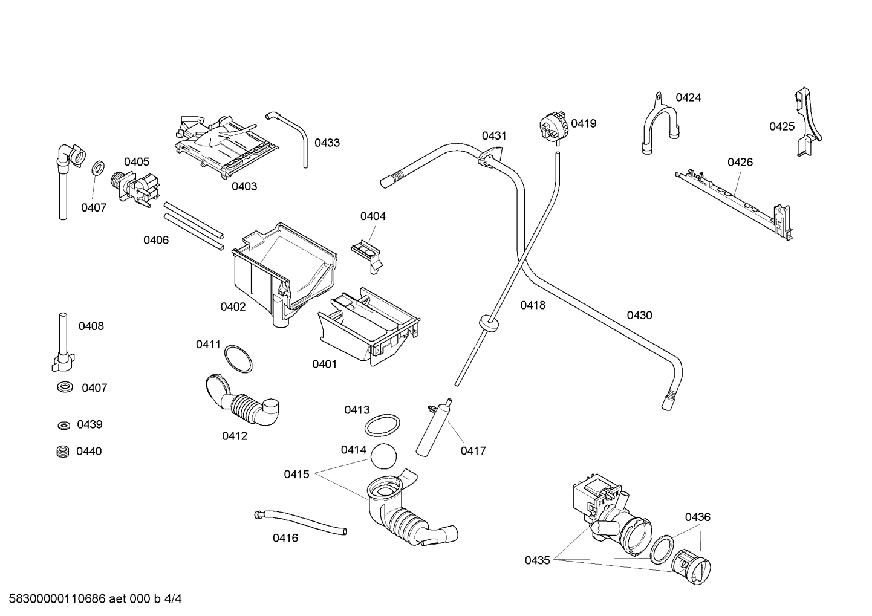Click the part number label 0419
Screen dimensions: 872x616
[x=584, y=123]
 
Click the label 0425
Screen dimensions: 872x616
[x=782, y=126]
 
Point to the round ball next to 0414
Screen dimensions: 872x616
[x=383, y=456]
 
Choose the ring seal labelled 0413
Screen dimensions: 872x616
[x=382, y=426]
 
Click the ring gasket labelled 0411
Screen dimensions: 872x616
[x=238, y=358]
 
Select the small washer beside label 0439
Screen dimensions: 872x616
[x=63, y=426]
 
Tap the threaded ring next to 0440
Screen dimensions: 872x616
[x=63, y=452]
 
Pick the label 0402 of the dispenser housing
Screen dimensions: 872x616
[x=233, y=307]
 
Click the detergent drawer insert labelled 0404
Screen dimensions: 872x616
[x=366, y=257]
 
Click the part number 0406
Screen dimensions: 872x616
[x=156, y=240]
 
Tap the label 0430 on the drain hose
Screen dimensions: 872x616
[x=639, y=315]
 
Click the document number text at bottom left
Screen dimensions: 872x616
[x=96, y=599]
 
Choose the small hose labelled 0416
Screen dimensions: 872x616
[x=300, y=523]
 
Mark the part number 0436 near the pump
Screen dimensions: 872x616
[x=698, y=517]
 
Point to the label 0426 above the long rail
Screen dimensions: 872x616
[x=740, y=162]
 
